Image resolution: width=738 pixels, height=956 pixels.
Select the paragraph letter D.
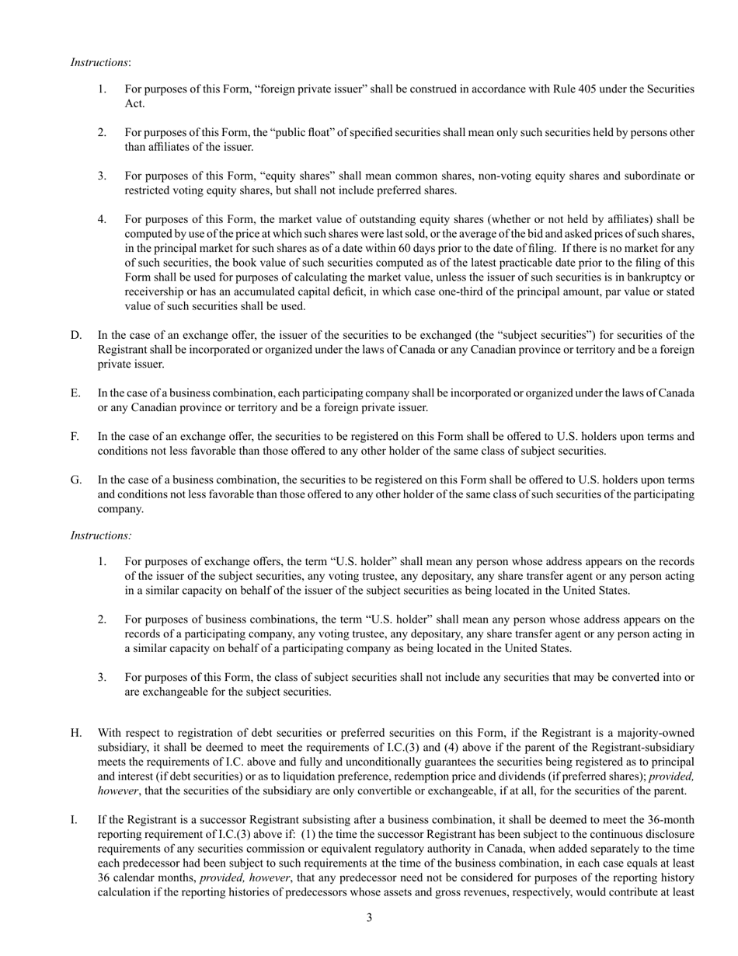pyautogui.click(x=76, y=335)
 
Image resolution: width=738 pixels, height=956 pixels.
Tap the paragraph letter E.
pyautogui.click(x=75, y=393)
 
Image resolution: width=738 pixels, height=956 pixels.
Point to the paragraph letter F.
pyautogui.click(x=75, y=436)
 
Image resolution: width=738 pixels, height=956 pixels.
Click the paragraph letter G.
pyautogui.click(x=76, y=480)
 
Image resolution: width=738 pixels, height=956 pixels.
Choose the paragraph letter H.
pyautogui.click(x=76, y=733)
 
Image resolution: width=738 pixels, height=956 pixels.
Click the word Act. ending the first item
pyautogui.click(x=134, y=103)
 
